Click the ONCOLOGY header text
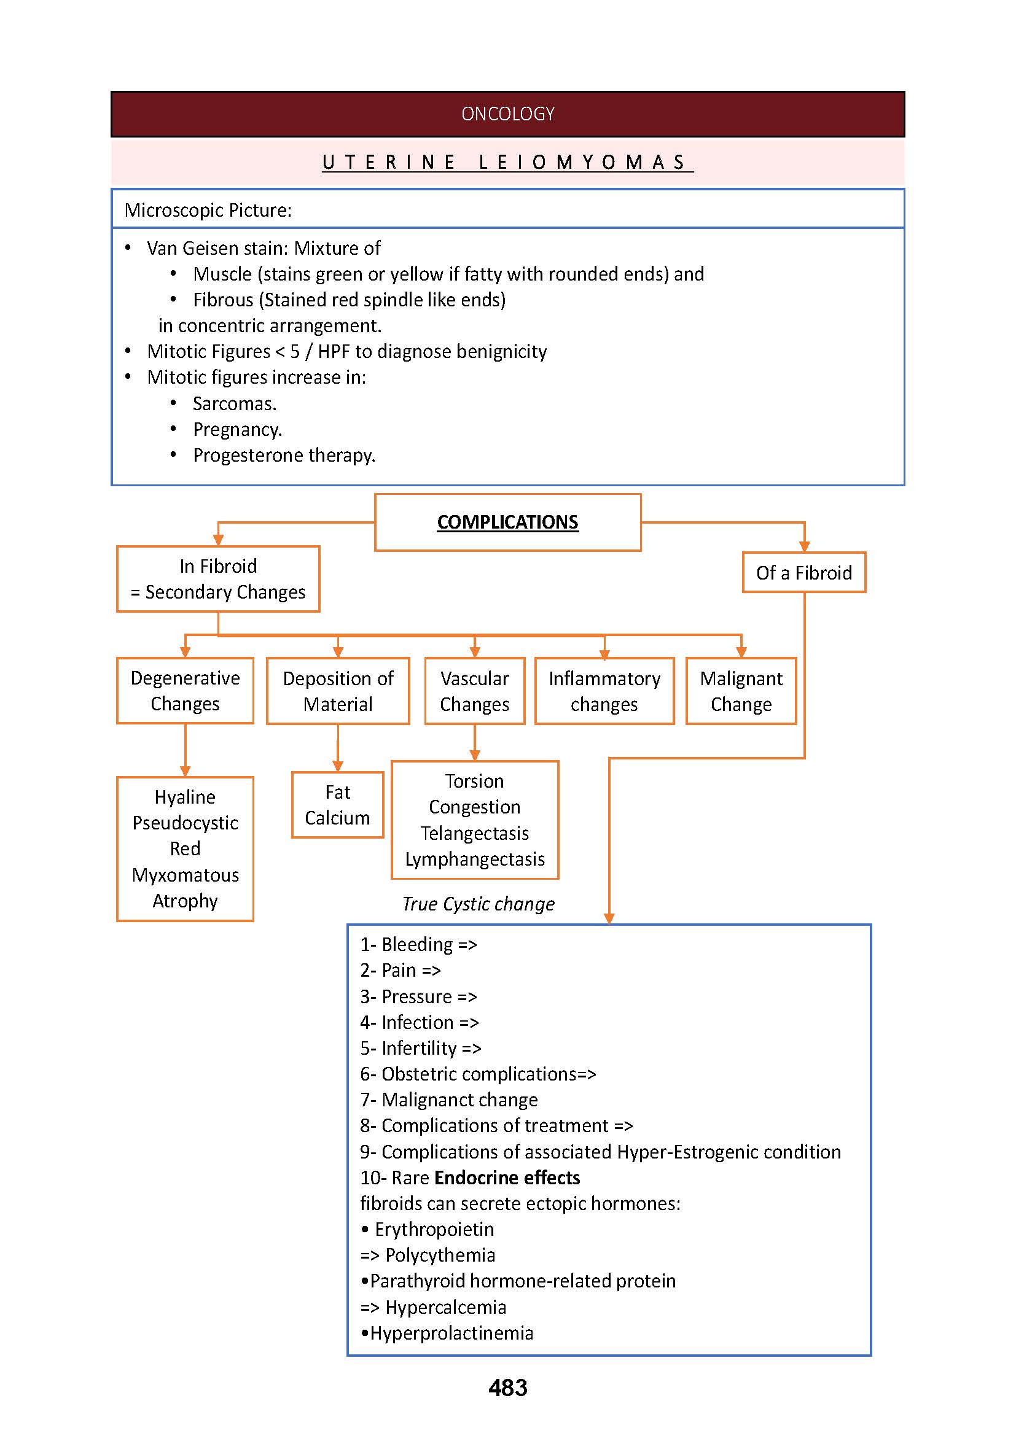(x=507, y=114)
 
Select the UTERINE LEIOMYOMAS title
(x=507, y=163)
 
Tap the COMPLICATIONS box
(x=507, y=522)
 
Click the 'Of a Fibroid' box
(x=804, y=572)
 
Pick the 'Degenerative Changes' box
(x=185, y=691)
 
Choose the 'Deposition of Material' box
(x=338, y=691)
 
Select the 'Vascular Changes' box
(x=474, y=691)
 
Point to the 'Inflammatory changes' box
(x=604, y=691)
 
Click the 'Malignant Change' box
(x=741, y=691)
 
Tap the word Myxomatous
(x=185, y=875)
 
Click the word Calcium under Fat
(x=337, y=818)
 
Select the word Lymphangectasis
(x=475, y=860)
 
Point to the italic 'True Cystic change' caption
(x=479, y=904)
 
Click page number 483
(x=507, y=1388)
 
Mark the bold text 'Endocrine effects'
(x=507, y=1178)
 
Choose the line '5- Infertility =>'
(x=420, y=1048)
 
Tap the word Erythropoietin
(x=434, y=1229)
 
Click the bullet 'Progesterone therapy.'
(x=284, y=456)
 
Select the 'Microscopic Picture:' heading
(x=208, y=210)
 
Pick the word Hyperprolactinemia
(x=451, y=1333)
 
